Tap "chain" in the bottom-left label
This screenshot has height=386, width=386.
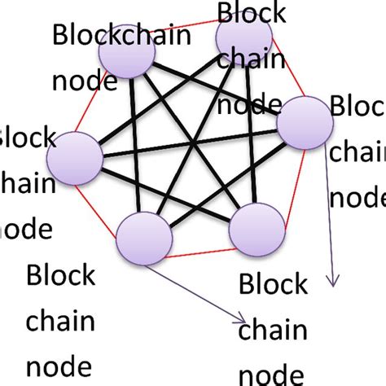[x=61, y=321]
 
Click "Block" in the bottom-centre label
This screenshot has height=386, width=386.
[x=274, y=287]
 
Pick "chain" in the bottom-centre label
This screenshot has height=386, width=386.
[x=273, y=330]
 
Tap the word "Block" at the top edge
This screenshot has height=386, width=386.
[x=252, y=13]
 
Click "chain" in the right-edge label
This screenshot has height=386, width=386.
[x=357, y=152]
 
